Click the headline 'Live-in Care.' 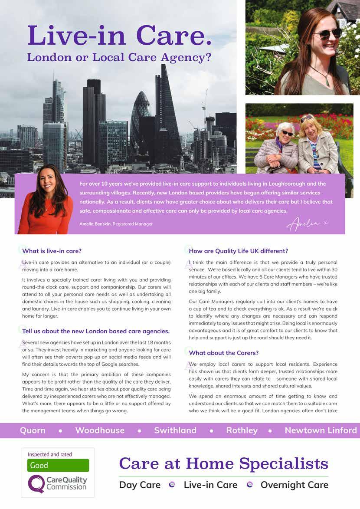[119, 36]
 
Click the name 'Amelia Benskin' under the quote [95, 224]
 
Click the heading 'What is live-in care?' [52, 251]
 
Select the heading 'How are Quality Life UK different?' [239, 251]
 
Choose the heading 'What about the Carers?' [224, 353]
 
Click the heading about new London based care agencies [96, 331]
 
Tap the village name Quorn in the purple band [33, 430]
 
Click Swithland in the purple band [175, 430]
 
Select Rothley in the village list [242, 430]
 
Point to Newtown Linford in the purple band [321, 430]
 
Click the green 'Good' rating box [58, 465]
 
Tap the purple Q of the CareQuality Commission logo [36, 483]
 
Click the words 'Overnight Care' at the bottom [294, 485]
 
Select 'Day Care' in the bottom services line [140, 485]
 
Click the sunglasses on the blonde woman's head [306, 118]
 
